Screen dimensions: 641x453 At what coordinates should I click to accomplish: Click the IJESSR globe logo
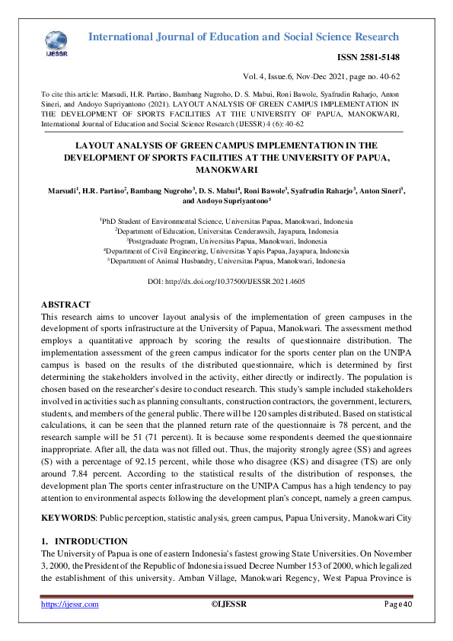pos(56,43)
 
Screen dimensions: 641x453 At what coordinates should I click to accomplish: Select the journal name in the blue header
pos(244,37)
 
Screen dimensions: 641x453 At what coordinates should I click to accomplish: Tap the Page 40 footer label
pos(397,604)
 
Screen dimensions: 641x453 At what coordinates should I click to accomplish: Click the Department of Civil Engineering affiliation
pos(226,250)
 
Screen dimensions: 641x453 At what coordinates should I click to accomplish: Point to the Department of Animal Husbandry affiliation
pos(226,260)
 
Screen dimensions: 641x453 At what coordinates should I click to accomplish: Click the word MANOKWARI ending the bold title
pos(226,171)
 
